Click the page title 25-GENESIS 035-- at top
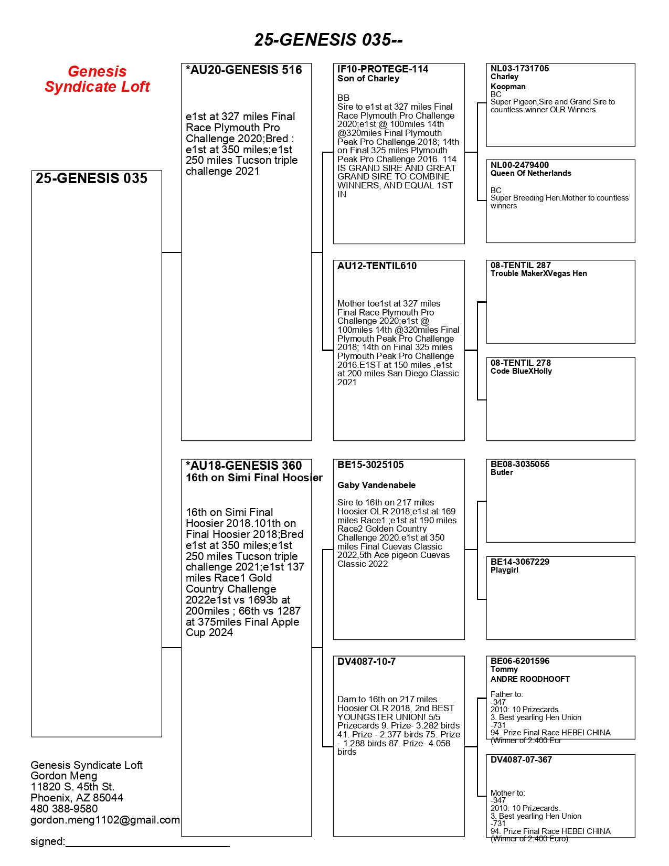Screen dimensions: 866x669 pos(328,40)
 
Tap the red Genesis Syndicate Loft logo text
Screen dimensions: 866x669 pos(97,79)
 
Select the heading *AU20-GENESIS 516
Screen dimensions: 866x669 pos(243,70)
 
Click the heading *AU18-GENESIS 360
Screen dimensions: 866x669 pos(243,466)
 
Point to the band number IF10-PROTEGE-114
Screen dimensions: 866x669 pos(383,69)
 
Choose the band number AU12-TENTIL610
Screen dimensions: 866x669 pos(377,266)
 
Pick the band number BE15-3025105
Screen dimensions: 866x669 pos(370,465)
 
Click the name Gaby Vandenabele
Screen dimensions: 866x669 pos(376,485)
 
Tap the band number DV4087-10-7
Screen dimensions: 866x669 pos(366,662)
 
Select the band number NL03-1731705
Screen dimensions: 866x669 pos(519,69)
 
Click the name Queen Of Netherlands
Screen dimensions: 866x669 pos(530,173)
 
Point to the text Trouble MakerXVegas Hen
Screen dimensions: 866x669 pos(538,273)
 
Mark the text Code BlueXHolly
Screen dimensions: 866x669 pos(521,371)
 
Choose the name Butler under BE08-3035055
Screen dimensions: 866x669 pos(502,472)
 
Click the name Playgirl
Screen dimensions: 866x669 pos(504,570)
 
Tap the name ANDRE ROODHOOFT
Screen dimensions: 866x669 pos(530,679)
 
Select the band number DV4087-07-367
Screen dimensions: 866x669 pos(521,760)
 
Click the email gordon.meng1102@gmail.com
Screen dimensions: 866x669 pos(105,820)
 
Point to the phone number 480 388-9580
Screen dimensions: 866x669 pos(64,809)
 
